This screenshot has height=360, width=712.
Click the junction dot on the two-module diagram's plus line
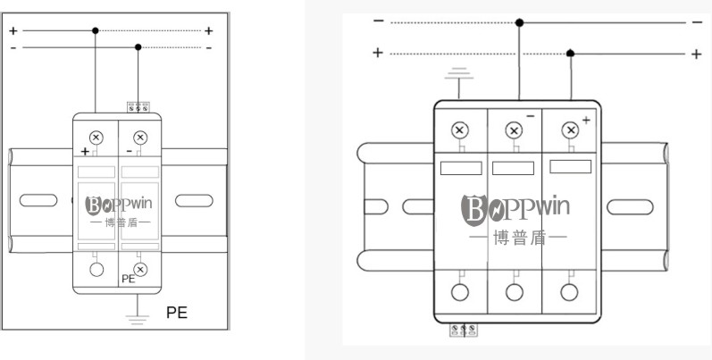coord(96,30)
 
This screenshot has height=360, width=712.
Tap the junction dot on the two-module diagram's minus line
coord(138,47)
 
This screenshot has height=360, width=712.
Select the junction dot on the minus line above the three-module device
coord(520,22)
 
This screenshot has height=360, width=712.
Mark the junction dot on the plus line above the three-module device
coord(571,54)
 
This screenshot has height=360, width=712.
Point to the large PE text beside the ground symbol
coord(177,312)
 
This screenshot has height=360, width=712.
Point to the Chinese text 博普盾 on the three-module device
coord(515,239)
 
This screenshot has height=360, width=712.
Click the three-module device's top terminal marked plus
coord(569,130)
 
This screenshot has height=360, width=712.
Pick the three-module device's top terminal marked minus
coord(514,130)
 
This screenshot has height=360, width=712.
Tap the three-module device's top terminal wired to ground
coord(459,130)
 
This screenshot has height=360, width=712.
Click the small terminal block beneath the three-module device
coord(463,330)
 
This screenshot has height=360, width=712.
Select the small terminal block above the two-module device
coord(137,106)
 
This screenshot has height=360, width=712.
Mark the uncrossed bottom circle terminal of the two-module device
coord(96,269)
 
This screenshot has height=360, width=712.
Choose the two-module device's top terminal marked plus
coord(96,137)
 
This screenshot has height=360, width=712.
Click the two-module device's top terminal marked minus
coord(138,137)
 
